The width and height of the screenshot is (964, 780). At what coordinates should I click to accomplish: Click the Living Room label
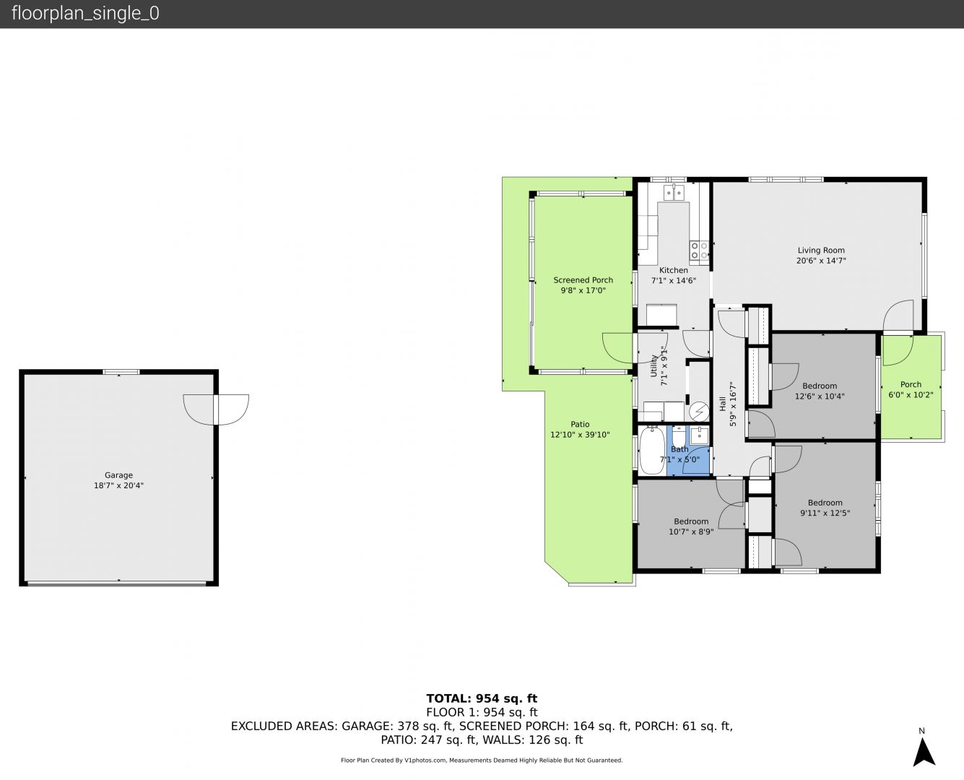pos(821,251)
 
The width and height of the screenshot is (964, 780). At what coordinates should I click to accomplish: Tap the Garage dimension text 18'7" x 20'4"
pos(118,486)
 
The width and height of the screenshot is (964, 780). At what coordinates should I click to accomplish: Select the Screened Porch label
pos(583,280)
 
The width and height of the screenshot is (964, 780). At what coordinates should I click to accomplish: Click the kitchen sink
pos(674,192)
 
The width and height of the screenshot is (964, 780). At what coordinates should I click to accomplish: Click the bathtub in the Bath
pos(652,450)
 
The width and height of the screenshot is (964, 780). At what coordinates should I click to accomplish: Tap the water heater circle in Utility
pos(699,412)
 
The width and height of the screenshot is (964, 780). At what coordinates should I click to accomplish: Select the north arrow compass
pos(924,752)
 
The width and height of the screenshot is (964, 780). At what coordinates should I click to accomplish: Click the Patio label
pos(580,424)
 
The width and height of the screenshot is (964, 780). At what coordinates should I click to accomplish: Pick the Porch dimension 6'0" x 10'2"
pos(911,395)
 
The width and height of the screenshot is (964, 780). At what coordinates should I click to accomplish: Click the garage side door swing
pos(216,409)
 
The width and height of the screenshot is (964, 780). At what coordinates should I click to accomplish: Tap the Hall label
pos(723,404)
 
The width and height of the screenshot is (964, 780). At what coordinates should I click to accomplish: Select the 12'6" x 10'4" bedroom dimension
pos(820,396)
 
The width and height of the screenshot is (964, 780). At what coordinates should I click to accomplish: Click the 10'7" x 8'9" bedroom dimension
pos(691,532)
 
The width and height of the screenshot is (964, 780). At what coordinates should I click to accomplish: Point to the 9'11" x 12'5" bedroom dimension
pos(825,513)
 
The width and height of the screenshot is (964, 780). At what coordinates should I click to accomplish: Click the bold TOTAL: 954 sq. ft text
pos(482,698)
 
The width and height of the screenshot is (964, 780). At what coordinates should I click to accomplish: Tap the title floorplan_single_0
pos(85,14)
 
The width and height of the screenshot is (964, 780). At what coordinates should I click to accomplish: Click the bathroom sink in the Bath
pos(700,435)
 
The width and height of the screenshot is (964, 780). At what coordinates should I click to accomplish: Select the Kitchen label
pos(674,270)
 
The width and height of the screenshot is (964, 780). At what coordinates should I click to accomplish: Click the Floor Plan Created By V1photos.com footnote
pos(482,760)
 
